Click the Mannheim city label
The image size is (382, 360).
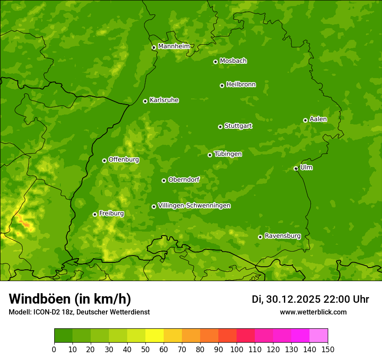pos(174,46)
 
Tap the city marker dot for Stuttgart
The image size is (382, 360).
pos(220,127)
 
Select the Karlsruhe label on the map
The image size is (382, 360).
pos(164,100)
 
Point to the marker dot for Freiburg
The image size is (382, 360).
pos(95,214)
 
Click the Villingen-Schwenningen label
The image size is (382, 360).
pos(194,206)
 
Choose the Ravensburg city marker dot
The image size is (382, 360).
pos(260,237)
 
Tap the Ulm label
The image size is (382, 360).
pos(306,167)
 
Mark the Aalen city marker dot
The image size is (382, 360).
pos(305,120)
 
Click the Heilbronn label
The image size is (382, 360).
pos(241,85)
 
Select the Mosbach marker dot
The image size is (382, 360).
pos(215,62)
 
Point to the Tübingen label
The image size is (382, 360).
pos(228,154)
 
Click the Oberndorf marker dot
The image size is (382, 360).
pos(164,180)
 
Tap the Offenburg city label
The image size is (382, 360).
pos(124,160)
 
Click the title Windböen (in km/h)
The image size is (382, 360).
pos(70,299)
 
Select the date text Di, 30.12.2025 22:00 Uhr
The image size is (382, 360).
pos(310,299)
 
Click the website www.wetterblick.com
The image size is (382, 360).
pos(313,312)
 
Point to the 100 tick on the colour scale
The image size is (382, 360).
pos(237,349)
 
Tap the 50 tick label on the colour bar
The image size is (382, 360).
pos(145,349)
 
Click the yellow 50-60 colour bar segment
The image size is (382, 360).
pos(155,336)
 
